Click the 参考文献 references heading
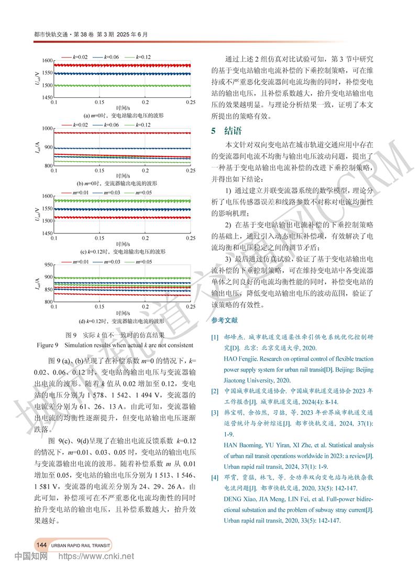tap(225, 320)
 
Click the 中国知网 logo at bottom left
tap(30, 556)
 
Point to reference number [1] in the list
tap(214, 338)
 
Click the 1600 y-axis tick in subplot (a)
tap(46, 61)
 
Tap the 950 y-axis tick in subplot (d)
tap(47, 265)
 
